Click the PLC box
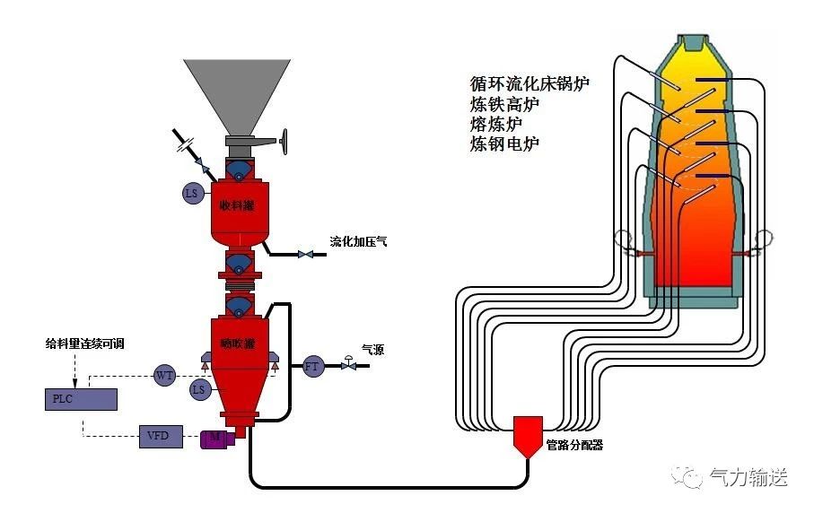[80, 398]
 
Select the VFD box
[160, 437]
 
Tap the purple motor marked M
[216, 437]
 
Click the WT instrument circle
[164, 375]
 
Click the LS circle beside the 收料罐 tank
[191, 193]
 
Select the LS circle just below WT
[199, 389]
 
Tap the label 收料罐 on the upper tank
[237, 205]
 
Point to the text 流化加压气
[358, 242]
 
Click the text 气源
[372, 350]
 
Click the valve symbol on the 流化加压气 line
[305, 255]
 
